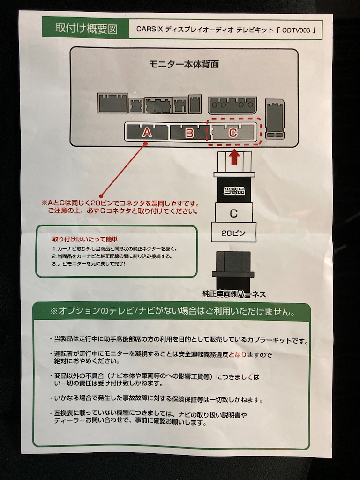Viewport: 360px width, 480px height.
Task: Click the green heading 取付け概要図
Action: click(86, 29)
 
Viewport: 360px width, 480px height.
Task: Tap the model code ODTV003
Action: click(296, 30)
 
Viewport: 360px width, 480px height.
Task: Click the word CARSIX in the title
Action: click(150, 30)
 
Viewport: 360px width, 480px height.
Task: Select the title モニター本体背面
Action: click(184, 64)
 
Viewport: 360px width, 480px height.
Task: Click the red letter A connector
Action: click(147, 132)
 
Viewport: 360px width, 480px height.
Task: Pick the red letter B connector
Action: click(189, 133)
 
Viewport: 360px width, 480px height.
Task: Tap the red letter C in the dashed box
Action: click(233, 132)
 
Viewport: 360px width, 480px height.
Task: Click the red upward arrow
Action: click(234, 157)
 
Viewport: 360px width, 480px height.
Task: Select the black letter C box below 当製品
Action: click(233, 213)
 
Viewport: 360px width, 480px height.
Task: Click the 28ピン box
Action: click(233, 233)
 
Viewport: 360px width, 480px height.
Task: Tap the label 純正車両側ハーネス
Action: click(234, 294)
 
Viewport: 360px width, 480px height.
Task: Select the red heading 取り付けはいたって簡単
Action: click(85, 240)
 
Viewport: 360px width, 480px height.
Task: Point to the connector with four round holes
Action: click(232, 105)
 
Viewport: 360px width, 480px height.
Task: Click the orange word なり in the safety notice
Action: click(240, 354)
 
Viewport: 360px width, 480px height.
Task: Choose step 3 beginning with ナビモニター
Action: click(89, 263)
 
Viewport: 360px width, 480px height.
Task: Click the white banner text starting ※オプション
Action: click(173, 311)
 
